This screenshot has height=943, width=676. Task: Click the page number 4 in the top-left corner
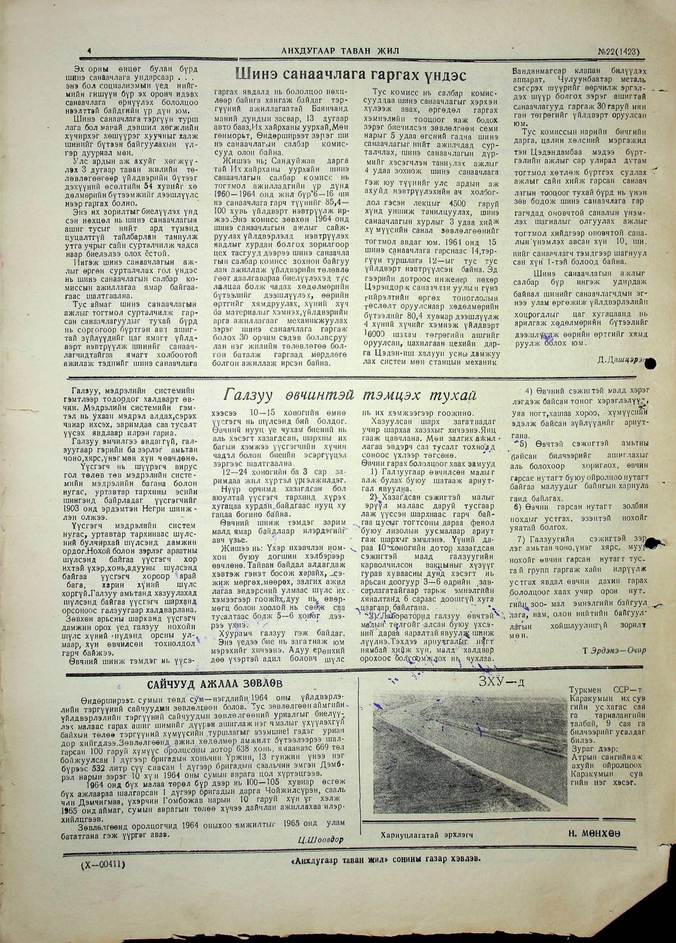pos(90,52)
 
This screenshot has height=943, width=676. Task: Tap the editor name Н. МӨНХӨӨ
pos(594,833)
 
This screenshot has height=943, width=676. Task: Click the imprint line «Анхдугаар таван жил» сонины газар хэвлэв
pos(384,860)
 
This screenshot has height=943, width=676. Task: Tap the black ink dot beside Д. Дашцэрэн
pos(651,363)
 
